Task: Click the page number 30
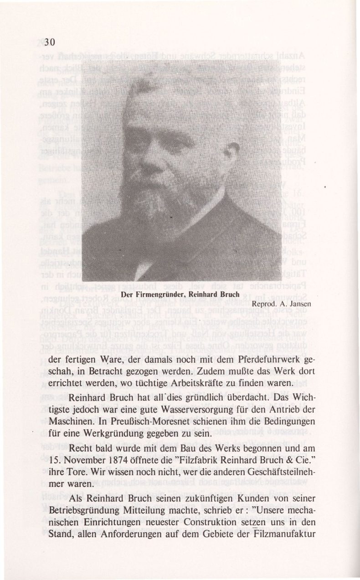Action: click(x=50, y=42)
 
